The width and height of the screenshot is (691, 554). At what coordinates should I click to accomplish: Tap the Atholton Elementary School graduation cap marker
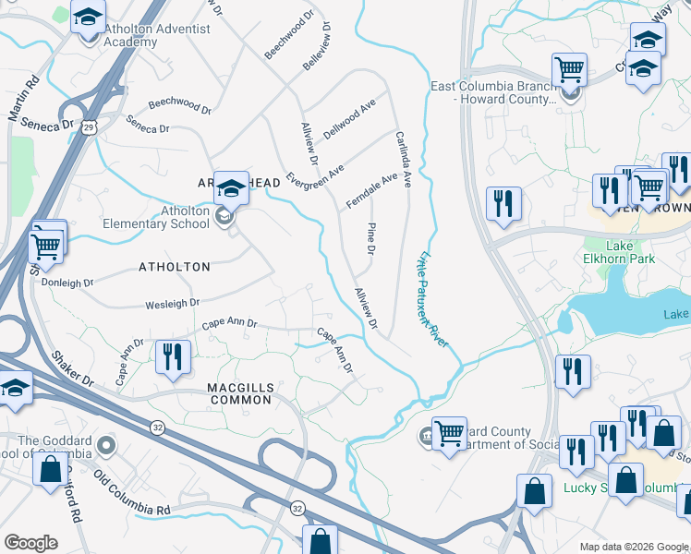click(x=232, y=188)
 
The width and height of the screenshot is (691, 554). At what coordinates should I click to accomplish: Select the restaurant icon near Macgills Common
click(x=173, y=356)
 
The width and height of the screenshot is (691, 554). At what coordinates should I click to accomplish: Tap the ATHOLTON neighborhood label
click(x=174, y=267)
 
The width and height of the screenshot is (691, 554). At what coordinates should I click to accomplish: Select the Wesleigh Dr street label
click(x=172, y=303)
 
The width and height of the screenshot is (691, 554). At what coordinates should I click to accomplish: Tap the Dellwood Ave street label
click(x=349, y=120)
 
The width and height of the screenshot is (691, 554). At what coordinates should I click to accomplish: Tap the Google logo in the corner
click(x=30, y=543)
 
